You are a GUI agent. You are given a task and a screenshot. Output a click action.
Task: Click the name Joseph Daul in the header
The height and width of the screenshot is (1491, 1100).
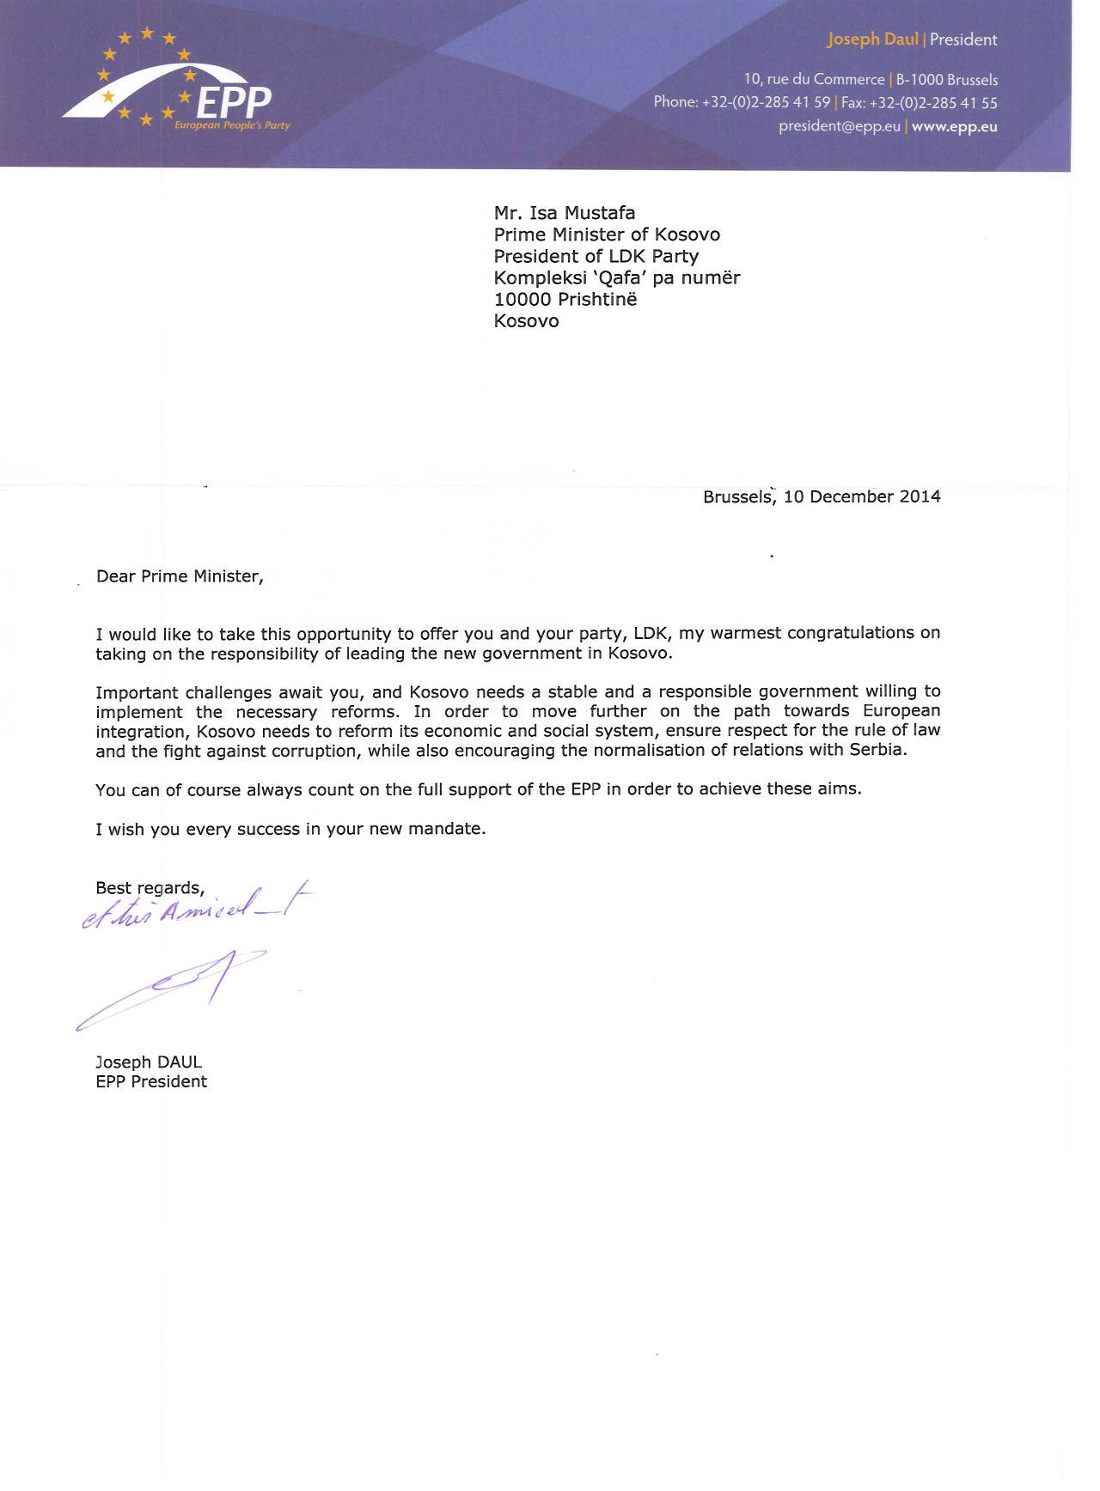[x=872, y=40]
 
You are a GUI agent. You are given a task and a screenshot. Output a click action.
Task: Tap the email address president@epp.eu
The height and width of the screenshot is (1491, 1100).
[x=839, y=126]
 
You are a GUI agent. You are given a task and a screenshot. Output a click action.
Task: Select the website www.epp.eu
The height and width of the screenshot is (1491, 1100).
[x=954, y=126]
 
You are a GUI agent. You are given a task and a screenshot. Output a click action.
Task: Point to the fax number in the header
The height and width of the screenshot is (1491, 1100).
[x=919, y=103]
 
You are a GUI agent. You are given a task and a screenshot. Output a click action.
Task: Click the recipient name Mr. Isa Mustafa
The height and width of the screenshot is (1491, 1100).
[x=565, y=213]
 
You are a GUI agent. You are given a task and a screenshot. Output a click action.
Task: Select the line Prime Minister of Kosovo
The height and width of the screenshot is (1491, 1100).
[x=607, y=234]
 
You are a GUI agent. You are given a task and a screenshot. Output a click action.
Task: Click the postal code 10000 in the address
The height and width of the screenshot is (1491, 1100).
[x=522, y=300]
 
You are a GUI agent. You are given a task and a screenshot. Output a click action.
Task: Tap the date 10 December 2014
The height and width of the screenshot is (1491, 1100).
[x=862, y=496]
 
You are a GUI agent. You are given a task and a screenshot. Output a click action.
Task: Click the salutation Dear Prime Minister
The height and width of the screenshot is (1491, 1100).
[x=180, y=576]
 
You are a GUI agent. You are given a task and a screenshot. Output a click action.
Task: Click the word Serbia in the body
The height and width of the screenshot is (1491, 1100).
[x=877, y=749]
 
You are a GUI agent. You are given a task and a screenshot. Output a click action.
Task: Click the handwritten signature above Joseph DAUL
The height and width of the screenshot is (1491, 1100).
[x=172, y=988]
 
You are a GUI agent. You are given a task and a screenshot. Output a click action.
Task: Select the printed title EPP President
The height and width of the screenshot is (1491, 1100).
[x=151, y=1082]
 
